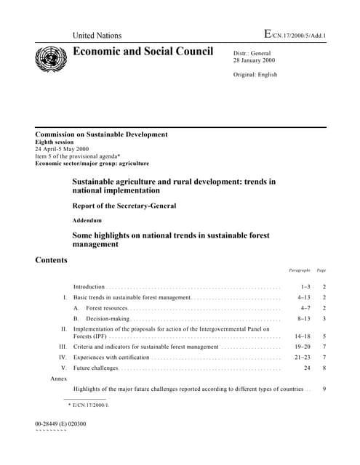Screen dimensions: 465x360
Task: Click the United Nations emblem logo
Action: point(52,56)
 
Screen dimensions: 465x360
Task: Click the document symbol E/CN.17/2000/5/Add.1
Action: point(295,34)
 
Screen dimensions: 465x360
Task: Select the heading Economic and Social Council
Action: point(143,52)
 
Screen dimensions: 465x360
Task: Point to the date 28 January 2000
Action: point(256,61)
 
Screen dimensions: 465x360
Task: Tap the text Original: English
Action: point(255,75)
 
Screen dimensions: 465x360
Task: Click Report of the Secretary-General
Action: point(124,206)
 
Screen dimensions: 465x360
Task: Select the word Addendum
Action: point(87,219)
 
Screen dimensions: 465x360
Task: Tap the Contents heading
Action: point(52,260)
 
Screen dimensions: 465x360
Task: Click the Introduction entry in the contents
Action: point(89,287)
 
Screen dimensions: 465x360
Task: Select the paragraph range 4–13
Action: point(304,298)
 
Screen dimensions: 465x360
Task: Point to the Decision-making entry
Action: point(108,318)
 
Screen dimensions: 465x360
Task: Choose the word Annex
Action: point(59,379)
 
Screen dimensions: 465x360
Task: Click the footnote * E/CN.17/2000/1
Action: point(88,404)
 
